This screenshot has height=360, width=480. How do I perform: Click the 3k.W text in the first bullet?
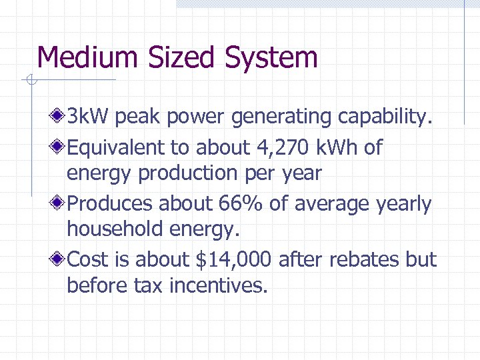click(89, 118)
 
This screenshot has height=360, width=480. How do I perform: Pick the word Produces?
click(110, 203)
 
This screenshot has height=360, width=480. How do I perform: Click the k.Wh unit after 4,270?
click(337, 147)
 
